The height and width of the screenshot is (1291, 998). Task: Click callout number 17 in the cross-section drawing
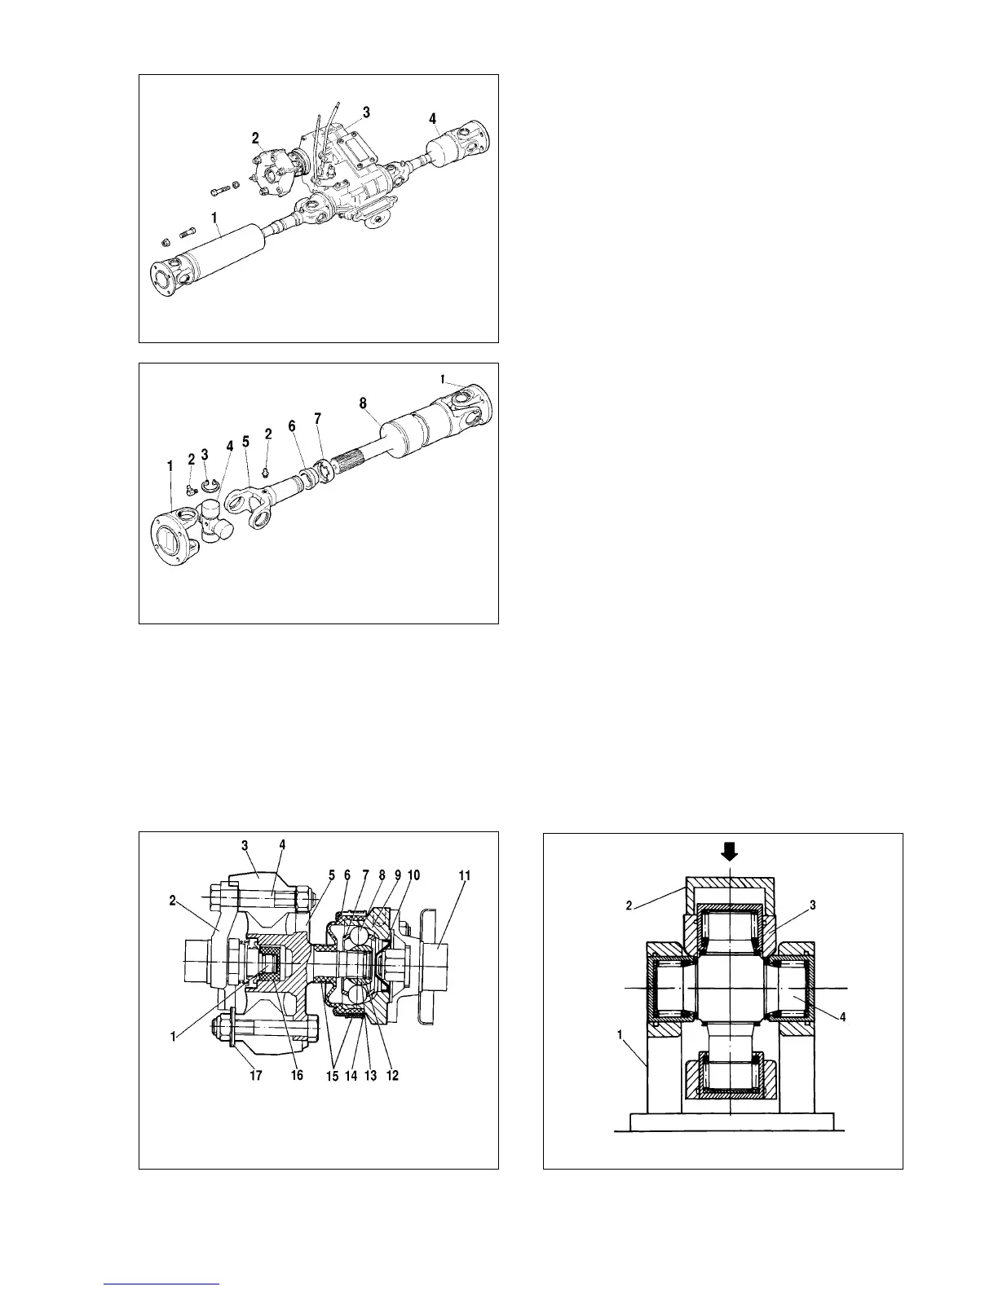(x=256, y=1076)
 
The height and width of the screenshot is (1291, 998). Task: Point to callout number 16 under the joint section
(x=297, y=1076)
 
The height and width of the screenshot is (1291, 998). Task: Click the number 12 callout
(x=392, y=1076)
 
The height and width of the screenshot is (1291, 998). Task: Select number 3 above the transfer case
(x=366, y=112)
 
